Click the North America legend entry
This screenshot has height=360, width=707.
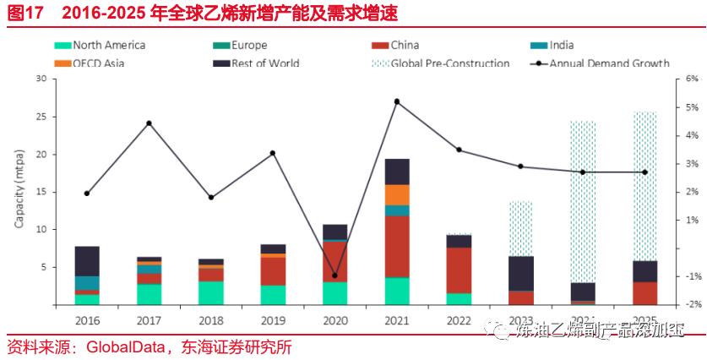108,46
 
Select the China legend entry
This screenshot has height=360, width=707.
405,46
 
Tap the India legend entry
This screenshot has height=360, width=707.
562,46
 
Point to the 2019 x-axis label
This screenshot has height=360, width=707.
273,320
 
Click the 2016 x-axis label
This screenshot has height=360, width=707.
87,320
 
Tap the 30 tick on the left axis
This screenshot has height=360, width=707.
40,79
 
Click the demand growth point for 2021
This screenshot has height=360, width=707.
397,101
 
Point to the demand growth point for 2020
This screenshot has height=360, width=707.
334,275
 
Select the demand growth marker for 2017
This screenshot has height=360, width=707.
149,123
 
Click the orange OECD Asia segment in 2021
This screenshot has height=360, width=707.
397,194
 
